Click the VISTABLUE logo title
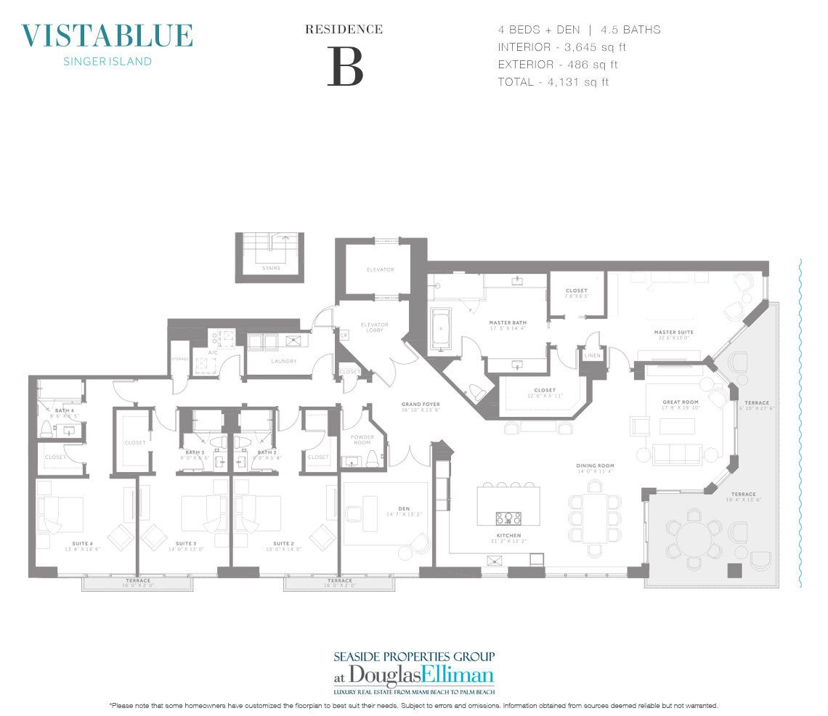pyautogui.click(x=107, y=36)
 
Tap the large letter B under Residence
pyautogui.click(x=344, y=67)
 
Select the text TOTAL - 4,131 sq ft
pyautogui.click(x=553, y=82)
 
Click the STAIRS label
pyautogui.click(x=272, y=268)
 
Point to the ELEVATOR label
pyautogui.click(x=380, y=270)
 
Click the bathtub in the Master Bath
pyautogui.click(x=441, y=330)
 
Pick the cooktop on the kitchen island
pyautogui.click(x=508, y=518)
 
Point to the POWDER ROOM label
pyautogui.click(x=361, y=440)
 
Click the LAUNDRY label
pyautogui.click(x=284, y=361)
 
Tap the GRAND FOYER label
pyautogui.click(x=421, y=404)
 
